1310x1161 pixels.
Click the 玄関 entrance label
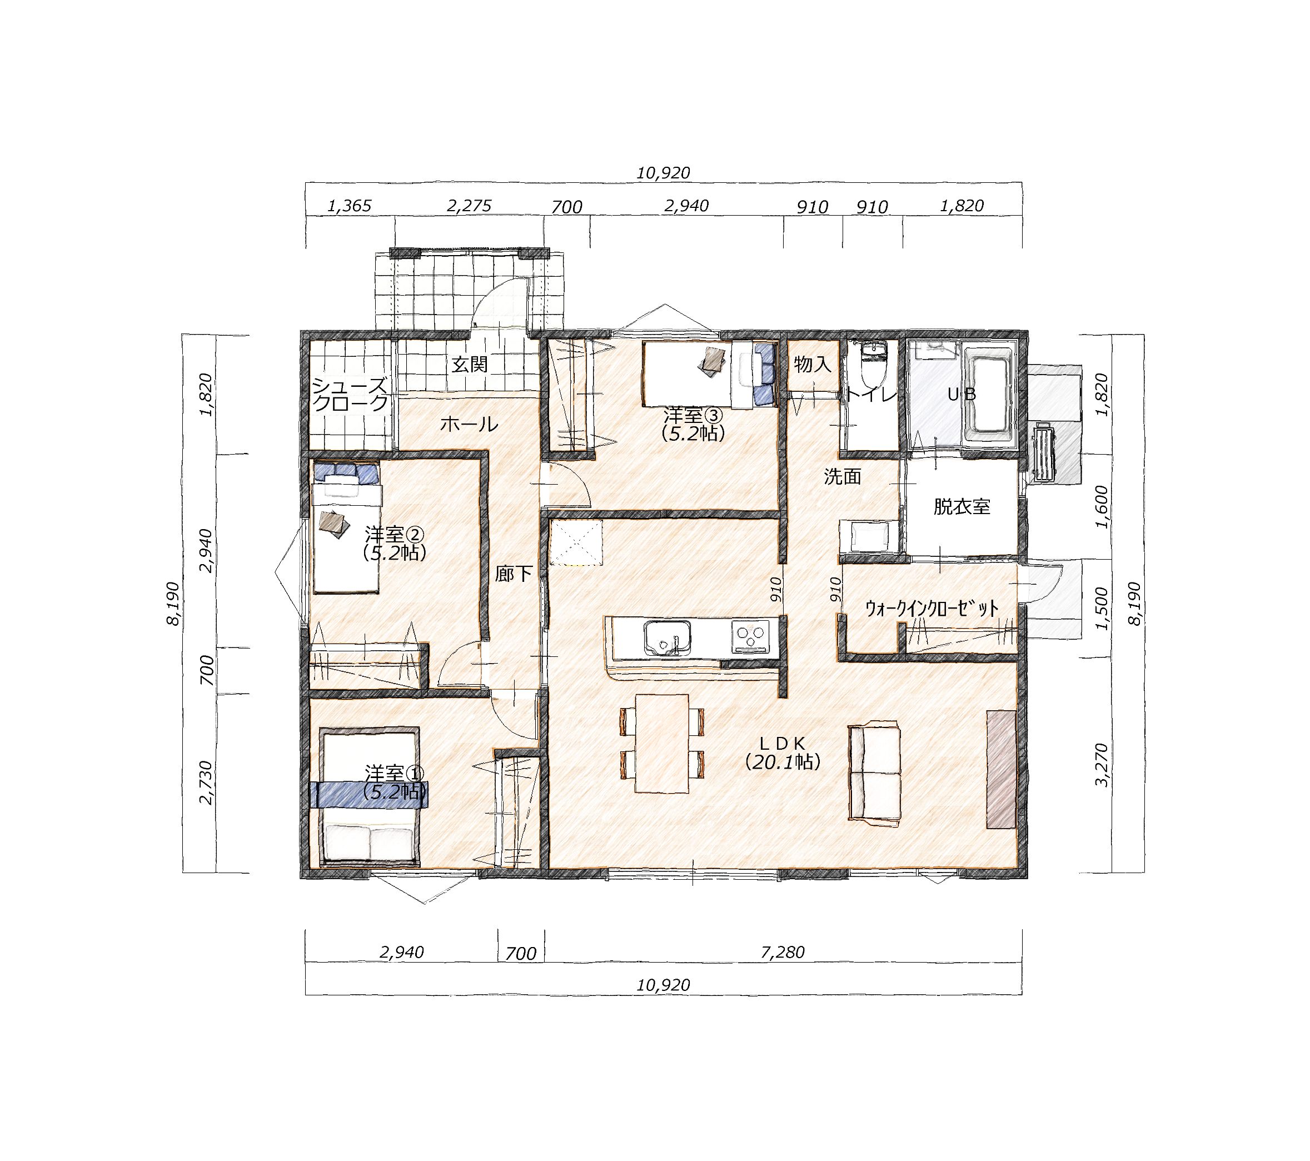[x=469, y=365]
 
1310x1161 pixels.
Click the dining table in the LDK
[x=663, y=743]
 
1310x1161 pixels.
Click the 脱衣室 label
[x=962, y=507]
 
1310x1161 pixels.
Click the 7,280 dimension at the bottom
[x=783, y=953]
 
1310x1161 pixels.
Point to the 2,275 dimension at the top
[x=469, y=206]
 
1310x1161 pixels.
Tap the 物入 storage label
[x=813, y=365]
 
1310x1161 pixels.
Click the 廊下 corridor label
[x=514, y=574]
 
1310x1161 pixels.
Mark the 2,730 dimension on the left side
[x=206, y=783]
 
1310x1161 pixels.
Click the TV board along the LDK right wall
[x=1002, y=769]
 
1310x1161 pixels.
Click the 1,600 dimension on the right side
[x=1102, y=507]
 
